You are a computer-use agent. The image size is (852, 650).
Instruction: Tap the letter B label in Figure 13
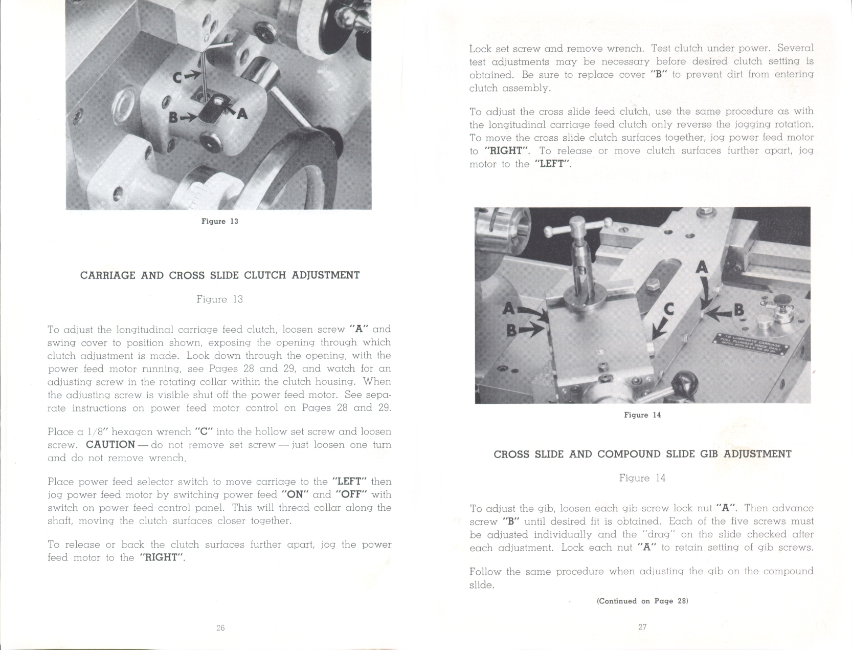[x=175, y=118]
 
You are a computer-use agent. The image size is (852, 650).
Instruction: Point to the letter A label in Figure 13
[x=241, y=114]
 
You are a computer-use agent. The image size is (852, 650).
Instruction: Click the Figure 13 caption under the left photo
[x=220, y=221]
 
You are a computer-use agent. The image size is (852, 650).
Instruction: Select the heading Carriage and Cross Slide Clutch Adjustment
[x=220, y=275]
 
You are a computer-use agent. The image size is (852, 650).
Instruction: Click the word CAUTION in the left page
[x=110, y=444]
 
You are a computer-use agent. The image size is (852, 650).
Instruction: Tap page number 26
[x=220, y=627]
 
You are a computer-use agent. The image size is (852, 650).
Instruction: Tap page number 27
[x=642, y=627]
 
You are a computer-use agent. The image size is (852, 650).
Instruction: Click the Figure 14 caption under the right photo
[x=642, y=415]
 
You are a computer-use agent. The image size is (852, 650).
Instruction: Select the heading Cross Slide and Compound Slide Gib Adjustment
[x=642, y=454]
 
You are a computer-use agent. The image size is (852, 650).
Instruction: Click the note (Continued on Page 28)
[x=642, y=601]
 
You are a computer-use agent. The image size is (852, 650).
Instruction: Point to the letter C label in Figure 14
[x=668, y=309]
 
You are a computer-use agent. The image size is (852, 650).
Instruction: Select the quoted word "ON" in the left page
[x=295, y=494]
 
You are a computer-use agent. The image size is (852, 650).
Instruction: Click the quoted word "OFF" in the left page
[x=352, y=494]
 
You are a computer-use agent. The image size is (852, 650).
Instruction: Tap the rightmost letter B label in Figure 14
[x=738, y=310]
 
